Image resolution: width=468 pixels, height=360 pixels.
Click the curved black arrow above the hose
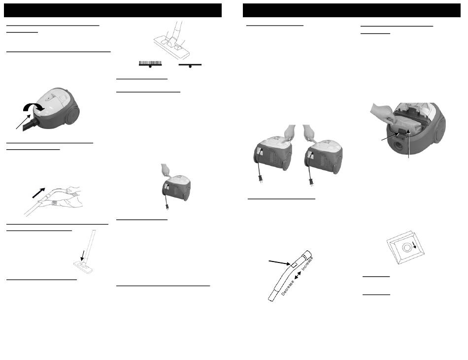pos(33,106)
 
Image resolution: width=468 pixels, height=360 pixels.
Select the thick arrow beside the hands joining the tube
pos(38,193)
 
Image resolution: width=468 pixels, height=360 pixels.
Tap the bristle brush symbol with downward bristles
pos(150,64)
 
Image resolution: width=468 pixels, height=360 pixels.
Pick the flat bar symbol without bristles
pos(190,65)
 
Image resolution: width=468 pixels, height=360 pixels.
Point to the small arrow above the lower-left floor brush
pos(83,255)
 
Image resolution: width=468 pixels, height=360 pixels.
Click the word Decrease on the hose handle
pos(288,288)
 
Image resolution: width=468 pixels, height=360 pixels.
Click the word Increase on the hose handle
pos(307,263)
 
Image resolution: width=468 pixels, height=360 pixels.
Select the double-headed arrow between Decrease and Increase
pos(298,276)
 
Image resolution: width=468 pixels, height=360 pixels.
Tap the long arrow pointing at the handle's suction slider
pos(279,262)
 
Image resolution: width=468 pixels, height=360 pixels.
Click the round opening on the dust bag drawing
pos(406,248)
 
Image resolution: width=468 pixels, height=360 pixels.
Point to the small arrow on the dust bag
pos(414,245)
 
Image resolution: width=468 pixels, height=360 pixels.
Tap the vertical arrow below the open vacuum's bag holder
pos(408,144)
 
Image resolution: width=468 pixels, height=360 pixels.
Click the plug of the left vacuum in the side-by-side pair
pos(260,178)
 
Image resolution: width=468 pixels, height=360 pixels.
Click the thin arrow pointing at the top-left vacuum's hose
pos(23,122)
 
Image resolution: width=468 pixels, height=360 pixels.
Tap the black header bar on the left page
pos(113,10)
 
